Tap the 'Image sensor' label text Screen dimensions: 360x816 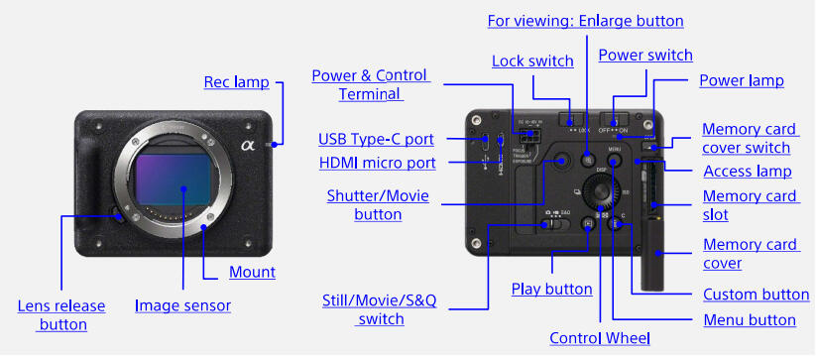[x=182, y=305]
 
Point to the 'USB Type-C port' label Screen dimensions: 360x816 [x=376, y=139]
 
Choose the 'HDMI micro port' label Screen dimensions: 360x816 [x=377, y=163]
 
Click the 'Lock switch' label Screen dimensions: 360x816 [x=532, y=61]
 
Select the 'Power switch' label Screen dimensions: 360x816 [x=645, y=55]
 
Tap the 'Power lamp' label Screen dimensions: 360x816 [x=741, y=80]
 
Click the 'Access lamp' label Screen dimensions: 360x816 [x=747, y=171]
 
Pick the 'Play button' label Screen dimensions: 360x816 [x=551, y=289]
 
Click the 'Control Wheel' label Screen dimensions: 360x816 [x=600, y=338]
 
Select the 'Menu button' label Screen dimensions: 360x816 [x=749, y=319]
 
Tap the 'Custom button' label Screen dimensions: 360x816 [x=756, y=295]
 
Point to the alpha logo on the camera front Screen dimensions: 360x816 [x=248, y=147]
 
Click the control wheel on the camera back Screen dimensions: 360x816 [x=602, y=187]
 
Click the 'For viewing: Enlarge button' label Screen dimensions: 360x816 [x=586, y=20]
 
